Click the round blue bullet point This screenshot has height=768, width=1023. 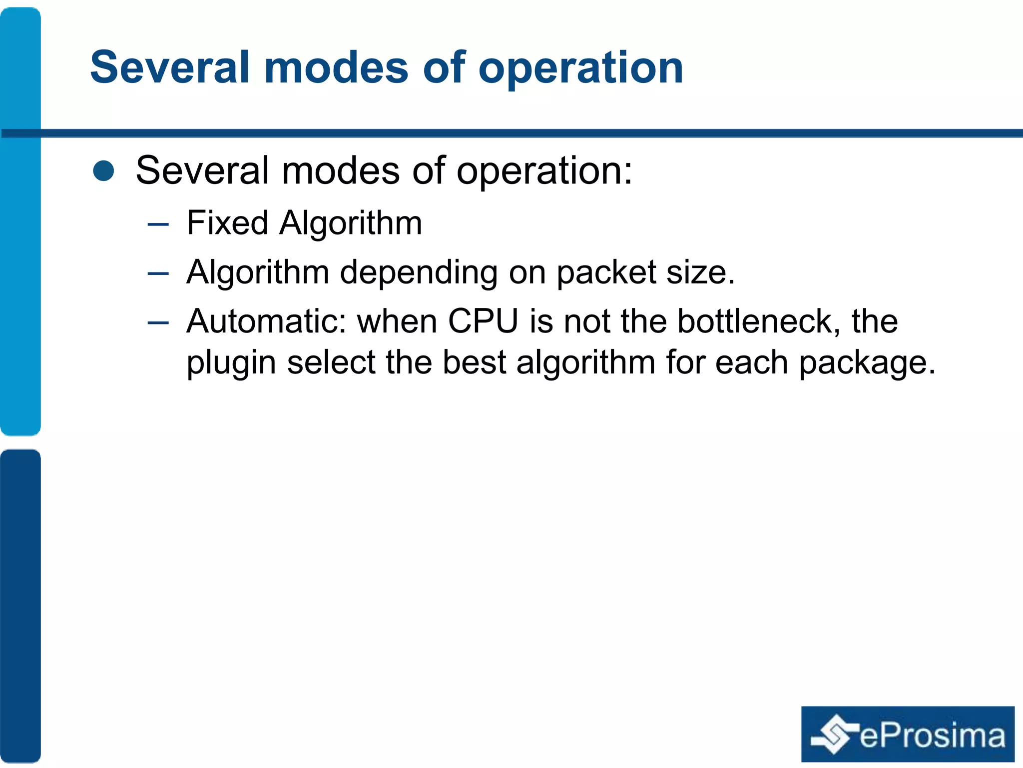(x=104, y=170)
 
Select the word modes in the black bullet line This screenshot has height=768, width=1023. (x=340, y=170)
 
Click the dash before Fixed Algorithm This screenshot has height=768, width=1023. (x=158, y=224)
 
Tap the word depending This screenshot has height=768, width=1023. (x=419, y=273)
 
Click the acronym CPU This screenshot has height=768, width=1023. (x=483, y=321)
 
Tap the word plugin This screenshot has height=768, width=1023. (x=231, y=363)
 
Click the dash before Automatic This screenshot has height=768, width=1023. (x=158, y=323)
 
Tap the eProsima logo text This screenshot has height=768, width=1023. (x=932, y=736)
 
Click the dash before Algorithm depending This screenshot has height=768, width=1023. (x=158, y=274)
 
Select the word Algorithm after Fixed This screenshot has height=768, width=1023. (x=351, y=223)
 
